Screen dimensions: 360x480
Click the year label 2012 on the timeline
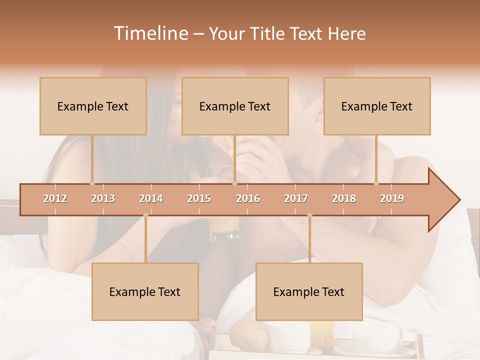point(55,198)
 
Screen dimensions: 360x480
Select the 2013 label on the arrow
point(103,198)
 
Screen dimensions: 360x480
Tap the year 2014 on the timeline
point(151,198)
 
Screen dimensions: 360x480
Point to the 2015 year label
point(199,198)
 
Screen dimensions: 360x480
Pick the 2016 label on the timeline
point(248,198)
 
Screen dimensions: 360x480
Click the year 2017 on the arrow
point(296,198)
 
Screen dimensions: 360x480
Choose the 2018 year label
point(344,198)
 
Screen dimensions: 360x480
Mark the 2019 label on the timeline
point(392,198)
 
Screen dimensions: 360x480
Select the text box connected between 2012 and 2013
point(93,106)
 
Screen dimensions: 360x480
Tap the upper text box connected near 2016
point(235,106)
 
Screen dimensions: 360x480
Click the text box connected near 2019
point(377,106)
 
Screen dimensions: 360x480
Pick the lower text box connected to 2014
point(145,291)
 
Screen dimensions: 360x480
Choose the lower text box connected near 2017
point(309,291)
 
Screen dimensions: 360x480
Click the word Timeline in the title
point(150,33)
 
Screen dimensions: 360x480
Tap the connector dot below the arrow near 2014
point(145,215)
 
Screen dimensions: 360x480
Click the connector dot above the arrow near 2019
point(376,183)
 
